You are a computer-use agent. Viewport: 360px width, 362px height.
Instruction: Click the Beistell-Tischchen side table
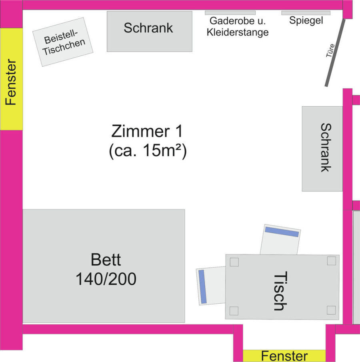tap(63, 42)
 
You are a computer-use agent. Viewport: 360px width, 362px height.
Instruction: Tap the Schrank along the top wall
tap(149, 31)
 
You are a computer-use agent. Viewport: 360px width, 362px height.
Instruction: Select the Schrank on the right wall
tap(322, 149)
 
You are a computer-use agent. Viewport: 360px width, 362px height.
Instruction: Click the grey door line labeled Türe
tap(335, 52)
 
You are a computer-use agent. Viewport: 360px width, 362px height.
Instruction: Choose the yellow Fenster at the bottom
tap(284, 356)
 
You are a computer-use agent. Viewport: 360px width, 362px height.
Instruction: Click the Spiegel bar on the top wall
tap(306, 13)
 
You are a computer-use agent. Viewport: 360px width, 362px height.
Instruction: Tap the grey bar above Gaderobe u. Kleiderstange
tap(230, 13)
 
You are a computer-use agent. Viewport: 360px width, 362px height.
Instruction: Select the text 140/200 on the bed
tap(106, 279)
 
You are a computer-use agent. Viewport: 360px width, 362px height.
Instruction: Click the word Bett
tap(106, 260)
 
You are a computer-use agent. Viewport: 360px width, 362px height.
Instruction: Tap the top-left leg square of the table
tap(234, 262)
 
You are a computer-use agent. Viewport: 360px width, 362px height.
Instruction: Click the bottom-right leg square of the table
tap(331, 310)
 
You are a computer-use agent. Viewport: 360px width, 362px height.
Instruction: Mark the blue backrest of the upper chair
tap(282, 231)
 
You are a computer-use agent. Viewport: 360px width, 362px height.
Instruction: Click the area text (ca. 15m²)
tap(148, 152)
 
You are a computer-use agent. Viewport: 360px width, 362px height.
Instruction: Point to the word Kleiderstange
tap(238, 32)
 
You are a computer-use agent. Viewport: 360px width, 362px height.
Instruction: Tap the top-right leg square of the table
tap(331, 261)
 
